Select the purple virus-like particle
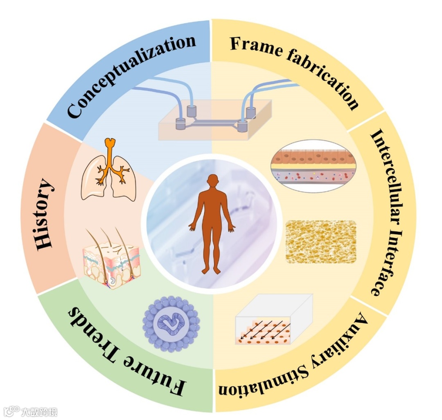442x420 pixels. click(171, 324)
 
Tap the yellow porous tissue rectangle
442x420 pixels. click(320, 242)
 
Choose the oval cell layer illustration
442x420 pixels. click(313, 166)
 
